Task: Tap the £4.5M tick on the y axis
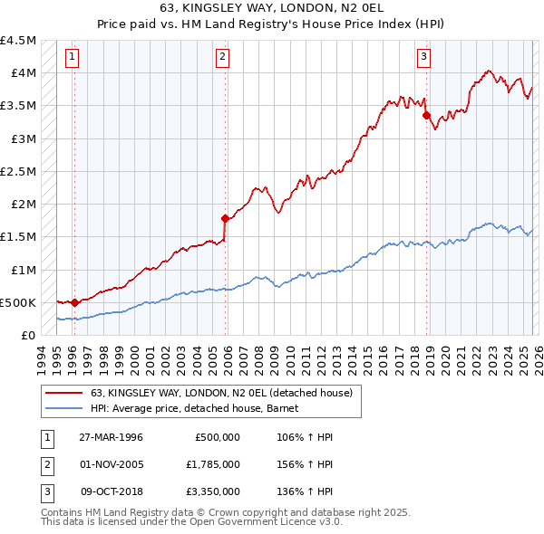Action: (19, 41)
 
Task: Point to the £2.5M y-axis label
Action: (19, 171)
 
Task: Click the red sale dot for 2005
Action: (226, 217)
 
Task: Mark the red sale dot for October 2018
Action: (426, 115)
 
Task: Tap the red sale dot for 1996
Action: (74, 302)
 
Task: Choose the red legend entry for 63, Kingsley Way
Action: (227, 393)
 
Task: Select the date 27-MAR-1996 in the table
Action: (111, 437)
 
